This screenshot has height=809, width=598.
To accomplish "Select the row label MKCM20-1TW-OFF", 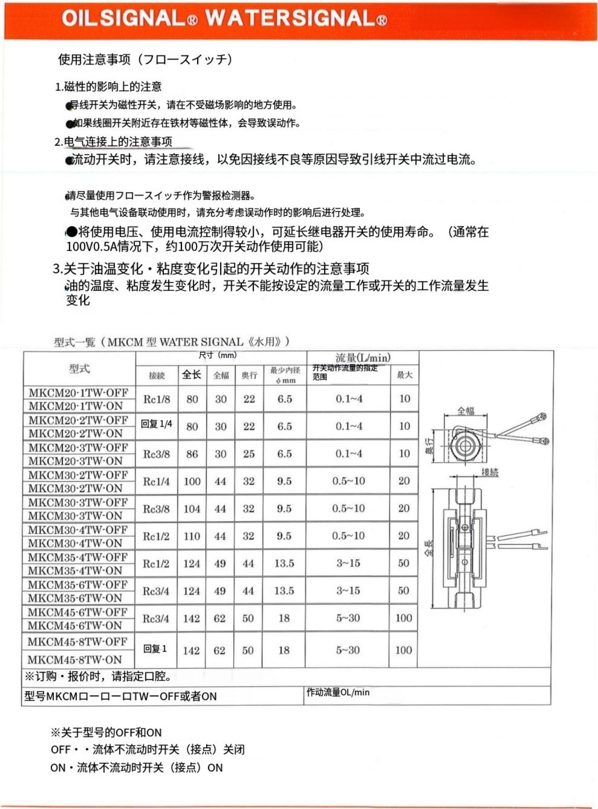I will pyautogui.click(x=78, y=392).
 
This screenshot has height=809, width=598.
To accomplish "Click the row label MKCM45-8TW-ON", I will pyautogui.click(x=75, y=659).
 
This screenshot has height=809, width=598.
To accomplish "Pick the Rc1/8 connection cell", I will pyautogui.click(x=157, y=399).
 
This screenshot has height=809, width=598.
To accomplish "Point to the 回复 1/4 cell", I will pyautogui.click(x=157, y=424).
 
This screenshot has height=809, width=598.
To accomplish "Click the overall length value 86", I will pyautogui.click(x=192, y=454).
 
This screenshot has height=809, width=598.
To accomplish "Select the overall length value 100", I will pyautogui.click(x=192, y=481).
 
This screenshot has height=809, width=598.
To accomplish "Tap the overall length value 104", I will pyautogui.click(x=192, y=509).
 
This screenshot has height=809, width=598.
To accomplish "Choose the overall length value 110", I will pyautogui.click(x=192, y=536).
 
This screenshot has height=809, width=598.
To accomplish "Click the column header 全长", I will pyautogui.click(x=192, y=375).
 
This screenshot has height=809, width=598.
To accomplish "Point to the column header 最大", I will pyautogui.click(x=404, y=375).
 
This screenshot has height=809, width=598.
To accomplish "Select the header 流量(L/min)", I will pyautogui.click(x=363, y=358).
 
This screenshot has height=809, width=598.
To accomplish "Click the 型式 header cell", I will pyautogui.click(x=79, y=369).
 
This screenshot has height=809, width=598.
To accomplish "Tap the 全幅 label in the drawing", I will pyautogui.click(x=465, y=410).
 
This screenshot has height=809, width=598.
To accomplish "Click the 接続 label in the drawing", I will pyautogui.click(x=489, y=472).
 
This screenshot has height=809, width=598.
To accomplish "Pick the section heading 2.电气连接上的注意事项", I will pyautogui.click(x=113, y=142).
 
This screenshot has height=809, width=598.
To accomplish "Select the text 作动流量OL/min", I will pyautogui.click(x=338, y=692).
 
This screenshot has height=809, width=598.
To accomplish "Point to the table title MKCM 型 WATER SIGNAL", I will pyautogui.click(x=171, y=342).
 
